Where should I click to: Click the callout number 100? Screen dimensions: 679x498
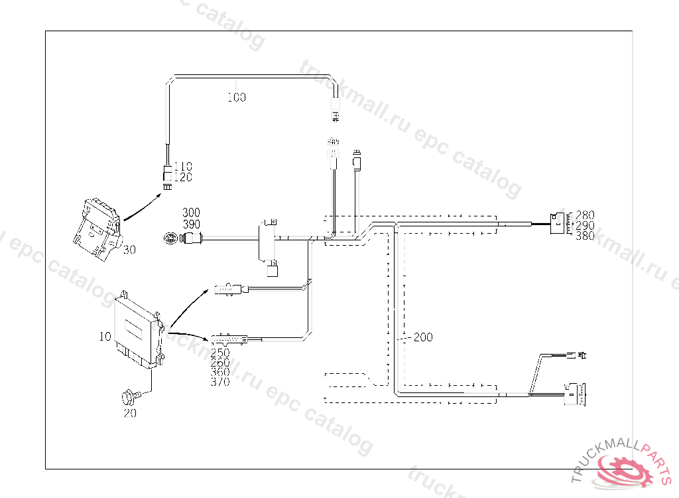[x=236, y=98]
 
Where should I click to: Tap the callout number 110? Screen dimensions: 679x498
[x=183, y=167]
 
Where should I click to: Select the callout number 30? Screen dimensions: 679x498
[x=129, y=250]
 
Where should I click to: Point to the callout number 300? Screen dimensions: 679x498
[x=191, y=213]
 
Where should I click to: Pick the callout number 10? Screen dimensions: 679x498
[x=105, y=337]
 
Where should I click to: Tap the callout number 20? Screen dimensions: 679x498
[x=130, y=412]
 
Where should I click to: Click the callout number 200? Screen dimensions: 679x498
[x=423, y=337]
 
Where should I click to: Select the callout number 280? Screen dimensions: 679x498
[x=585, y=215]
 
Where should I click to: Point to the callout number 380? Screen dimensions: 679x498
[x=585, y=235]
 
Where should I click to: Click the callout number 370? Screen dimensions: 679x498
[x=220, y=382]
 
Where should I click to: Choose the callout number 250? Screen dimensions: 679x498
[x=220, y=353]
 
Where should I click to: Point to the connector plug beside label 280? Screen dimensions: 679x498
[x=559, y=224]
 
